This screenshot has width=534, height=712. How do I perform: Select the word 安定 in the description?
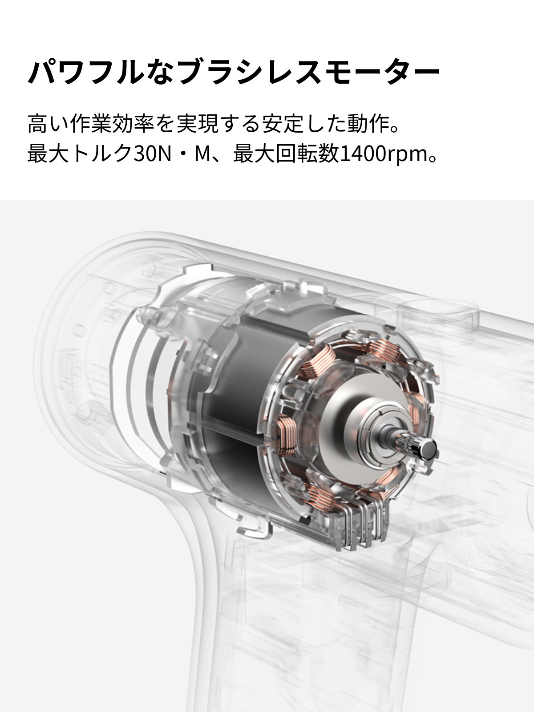pos(282,124)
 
